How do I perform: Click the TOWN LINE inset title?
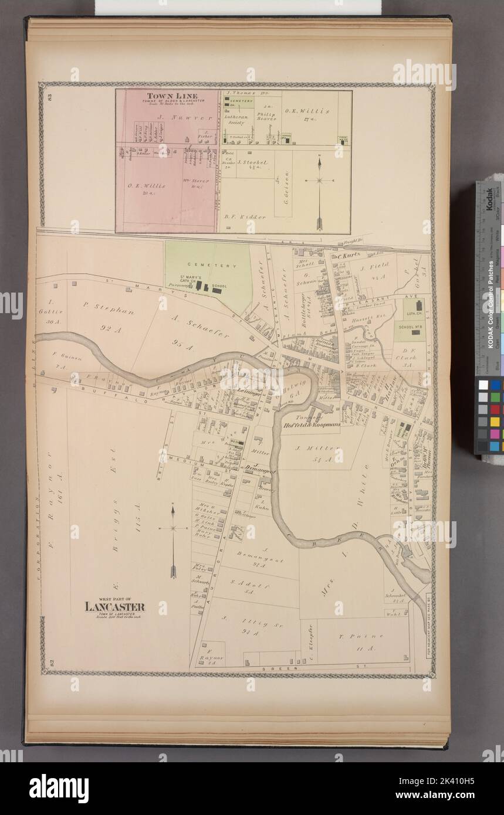[164, 96]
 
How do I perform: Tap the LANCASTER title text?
[114, 607]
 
